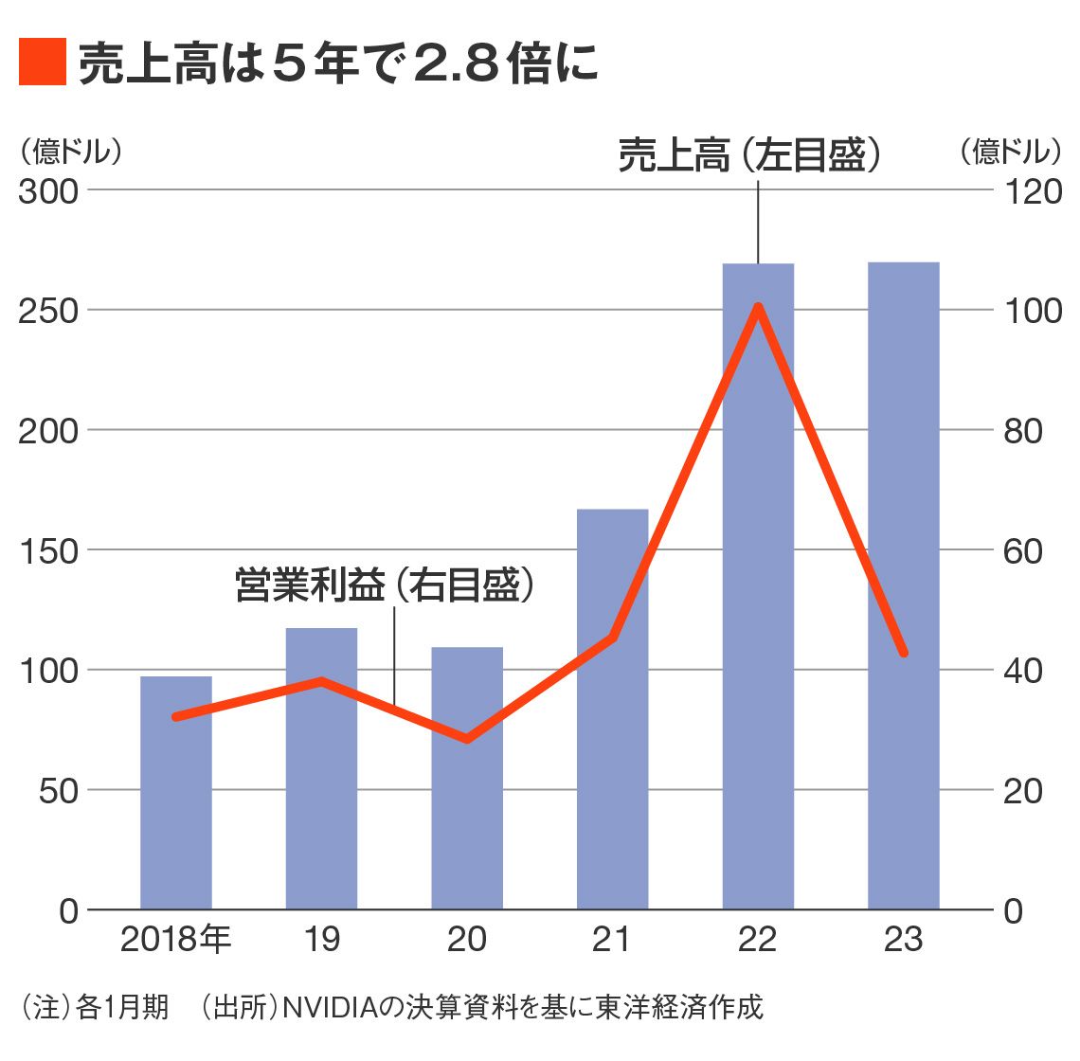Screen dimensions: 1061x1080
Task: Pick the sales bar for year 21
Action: coord(612,758)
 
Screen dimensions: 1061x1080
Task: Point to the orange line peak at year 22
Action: coord(758,306)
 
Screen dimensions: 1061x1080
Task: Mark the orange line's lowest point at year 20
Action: coord(467,738)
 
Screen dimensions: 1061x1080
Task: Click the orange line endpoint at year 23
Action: coord(904,653)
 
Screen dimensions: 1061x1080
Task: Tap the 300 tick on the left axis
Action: coord(48,190)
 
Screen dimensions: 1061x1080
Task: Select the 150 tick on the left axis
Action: coord(48,550)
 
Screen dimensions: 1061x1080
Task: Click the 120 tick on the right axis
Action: coord(1033,190)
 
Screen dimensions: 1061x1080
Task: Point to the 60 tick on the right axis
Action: coord(1022,550)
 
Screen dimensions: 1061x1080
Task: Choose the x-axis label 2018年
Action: coord(176,939)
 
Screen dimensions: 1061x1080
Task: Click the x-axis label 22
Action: coord(757,939)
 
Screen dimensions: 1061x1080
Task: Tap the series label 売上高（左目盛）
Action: coord(750,155)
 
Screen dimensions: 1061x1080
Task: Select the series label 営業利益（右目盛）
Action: coord(385,584)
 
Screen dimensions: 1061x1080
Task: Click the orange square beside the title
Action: coord(42,63)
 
